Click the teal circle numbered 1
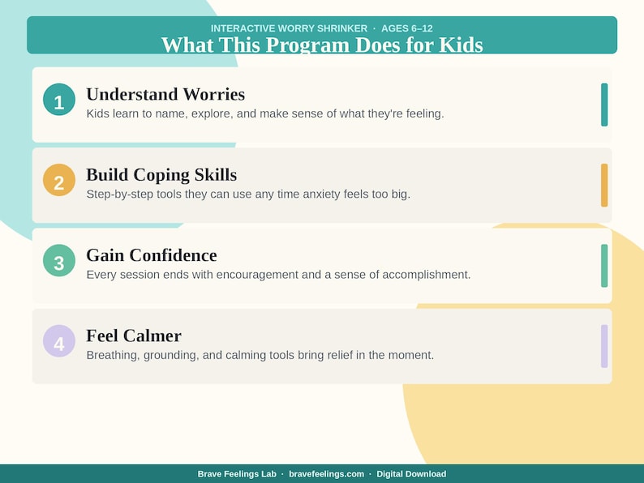(x=58, y=100)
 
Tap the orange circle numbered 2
(x=58, y=180)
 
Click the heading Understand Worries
(x=165, y=94)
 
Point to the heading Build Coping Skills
(x=161, y=174)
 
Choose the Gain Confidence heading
(x=152, y=255)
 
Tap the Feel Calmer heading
(x=134, y=336)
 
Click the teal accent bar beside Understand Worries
(x=604, y=105)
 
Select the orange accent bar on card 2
(x=604, y=185)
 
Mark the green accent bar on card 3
(x=604, y=265)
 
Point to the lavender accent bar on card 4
(x=604, y=346)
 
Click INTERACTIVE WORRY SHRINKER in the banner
(x=289, y=28)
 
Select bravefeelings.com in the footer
(x=326, y=474)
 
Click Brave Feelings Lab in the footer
(x=236, y=474)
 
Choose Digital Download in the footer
(x=411, y=474)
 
